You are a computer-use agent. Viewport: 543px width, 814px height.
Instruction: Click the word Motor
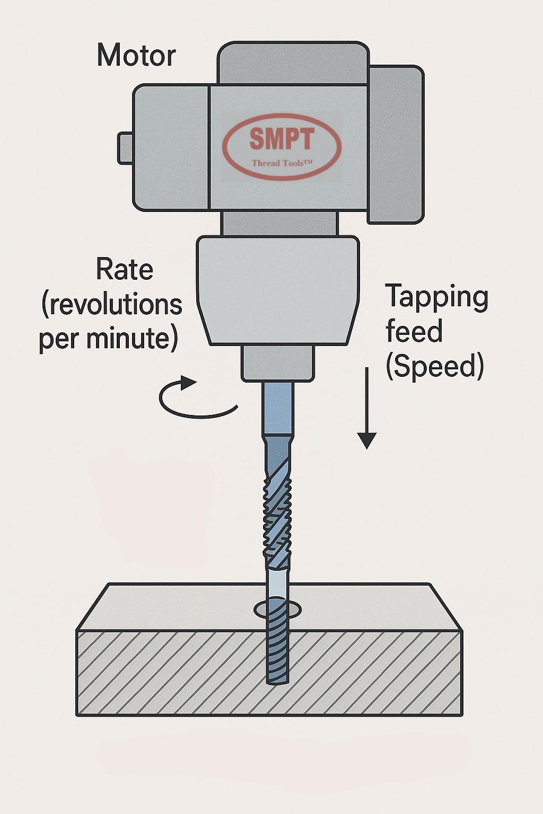[x=136, y=56]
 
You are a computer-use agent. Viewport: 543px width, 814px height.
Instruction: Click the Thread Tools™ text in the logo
[x=282, y=163]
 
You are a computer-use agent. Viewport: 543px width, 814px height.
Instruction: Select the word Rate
[x=125, y=270]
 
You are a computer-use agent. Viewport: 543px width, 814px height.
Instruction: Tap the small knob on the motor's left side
[x=125, y=148]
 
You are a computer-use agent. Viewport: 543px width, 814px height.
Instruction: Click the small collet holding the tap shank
[x=278, y=363]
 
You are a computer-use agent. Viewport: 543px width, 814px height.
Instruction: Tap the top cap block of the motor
[x=293, y=63]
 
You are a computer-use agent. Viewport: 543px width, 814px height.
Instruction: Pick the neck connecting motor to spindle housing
[x=281, y=223]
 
